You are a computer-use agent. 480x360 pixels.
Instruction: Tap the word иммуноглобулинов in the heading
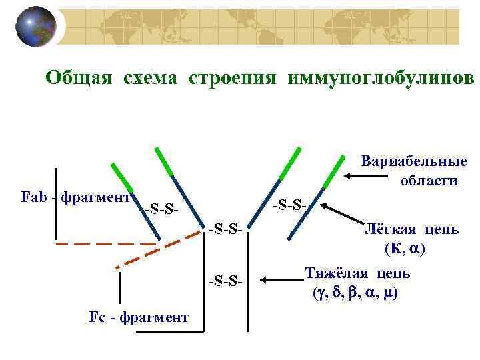click(x=381, y=78)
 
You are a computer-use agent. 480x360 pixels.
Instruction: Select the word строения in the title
click(x=232, y=78)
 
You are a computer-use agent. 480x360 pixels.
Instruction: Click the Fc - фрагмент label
click(x=139, y=317)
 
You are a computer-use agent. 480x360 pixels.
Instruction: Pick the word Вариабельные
click(x=413, y=163)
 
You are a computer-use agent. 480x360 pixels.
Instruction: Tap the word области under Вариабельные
click(x=429, y=180)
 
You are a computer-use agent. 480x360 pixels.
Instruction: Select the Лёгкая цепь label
click(x=410, y=230)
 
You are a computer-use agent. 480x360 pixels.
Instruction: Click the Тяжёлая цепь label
click(x=358, y=274)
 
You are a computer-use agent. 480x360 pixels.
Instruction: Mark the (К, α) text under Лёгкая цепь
click(x=405, y=249)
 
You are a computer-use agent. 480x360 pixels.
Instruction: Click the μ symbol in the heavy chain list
click(x=388, y=293)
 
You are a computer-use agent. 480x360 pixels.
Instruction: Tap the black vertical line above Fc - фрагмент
click(x=120, y=287)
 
